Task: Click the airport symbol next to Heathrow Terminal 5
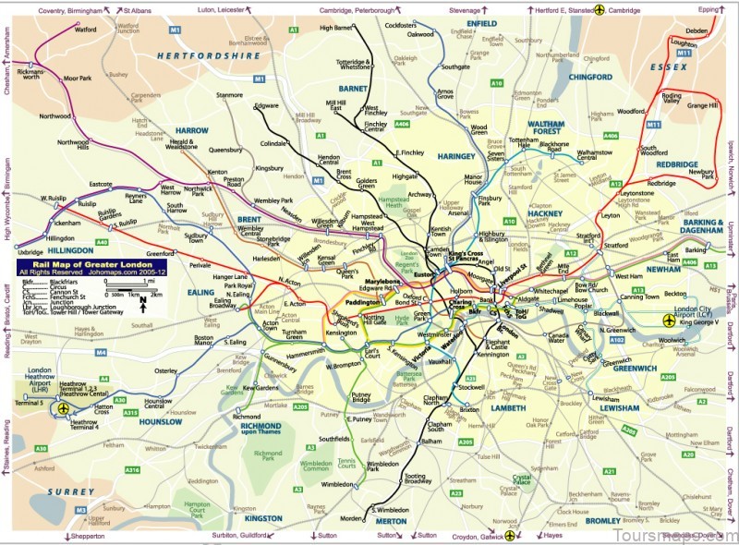pyautogui.click(x=64, y=407)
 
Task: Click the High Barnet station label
pyautogui.click(x=337, y=29)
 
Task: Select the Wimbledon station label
pyautogui.click(x=336, y=484)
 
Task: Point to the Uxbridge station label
pyautogui.click(x=30, y=251)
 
